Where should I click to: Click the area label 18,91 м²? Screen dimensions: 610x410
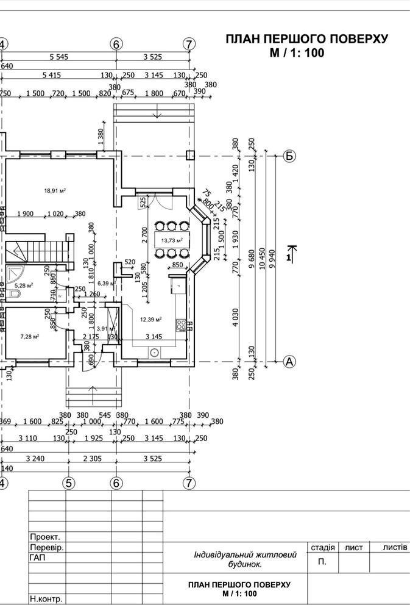tap(54, 190)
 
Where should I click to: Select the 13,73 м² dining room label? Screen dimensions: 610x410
tap(172, 240)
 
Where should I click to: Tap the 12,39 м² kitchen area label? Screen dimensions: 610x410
tap(150, 319)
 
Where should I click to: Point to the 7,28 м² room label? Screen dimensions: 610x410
tap(29, 336)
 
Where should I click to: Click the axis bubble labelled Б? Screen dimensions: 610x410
tap(289, 156)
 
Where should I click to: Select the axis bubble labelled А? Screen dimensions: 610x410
tap(289, 362)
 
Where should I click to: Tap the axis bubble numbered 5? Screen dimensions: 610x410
tap(69, 483)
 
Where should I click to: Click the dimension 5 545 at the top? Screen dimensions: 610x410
tap(62, 57)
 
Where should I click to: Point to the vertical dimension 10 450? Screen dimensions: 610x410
tap(263, 259)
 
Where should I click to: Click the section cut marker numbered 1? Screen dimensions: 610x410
tap(290, 254)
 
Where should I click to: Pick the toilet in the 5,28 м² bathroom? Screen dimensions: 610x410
tap(13, 294)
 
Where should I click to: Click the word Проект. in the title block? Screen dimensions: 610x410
tap(45, 537)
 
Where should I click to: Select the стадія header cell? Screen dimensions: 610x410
tap(322, 548)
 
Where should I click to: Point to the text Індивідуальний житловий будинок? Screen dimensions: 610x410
tap(245, 559)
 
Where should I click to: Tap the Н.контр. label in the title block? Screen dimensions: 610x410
tap(46, 599)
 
